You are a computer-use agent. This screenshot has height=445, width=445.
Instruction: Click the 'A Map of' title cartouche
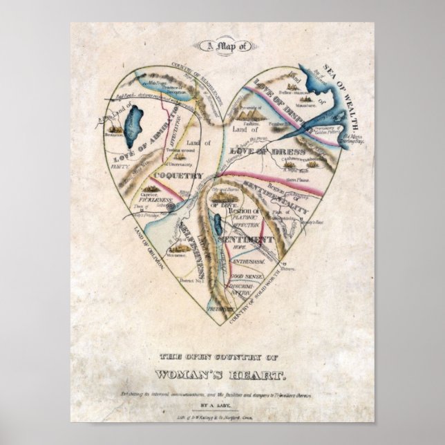click(222, 46)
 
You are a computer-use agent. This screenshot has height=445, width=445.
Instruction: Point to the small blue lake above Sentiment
click(216, 225)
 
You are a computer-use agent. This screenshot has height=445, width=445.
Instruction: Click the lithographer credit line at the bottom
click(223, 417)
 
